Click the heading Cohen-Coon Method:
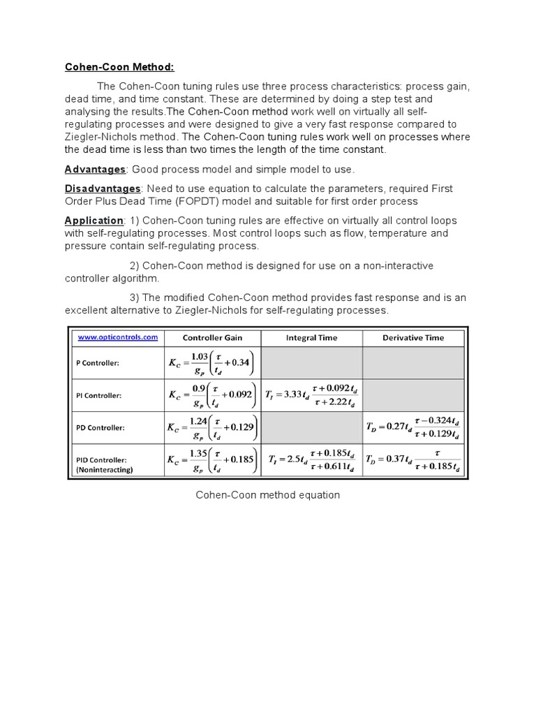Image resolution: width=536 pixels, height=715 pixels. click(119, 67)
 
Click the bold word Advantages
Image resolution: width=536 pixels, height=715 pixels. click(95, 170)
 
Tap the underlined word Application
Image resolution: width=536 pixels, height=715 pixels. click(94, 221)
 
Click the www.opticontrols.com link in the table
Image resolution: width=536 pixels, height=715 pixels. click(117, 337)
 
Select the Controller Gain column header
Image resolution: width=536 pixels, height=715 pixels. click(212, 337)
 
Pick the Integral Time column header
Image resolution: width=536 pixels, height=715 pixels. click(311, 337)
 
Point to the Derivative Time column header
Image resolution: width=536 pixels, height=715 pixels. click(413, 337)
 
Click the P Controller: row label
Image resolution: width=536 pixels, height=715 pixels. click(98, 363)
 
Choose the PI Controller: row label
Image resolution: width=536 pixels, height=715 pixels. click(99, 395)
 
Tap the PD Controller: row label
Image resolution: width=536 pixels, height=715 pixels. click(100, 427)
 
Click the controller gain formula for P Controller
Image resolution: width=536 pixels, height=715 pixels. click(212, 363)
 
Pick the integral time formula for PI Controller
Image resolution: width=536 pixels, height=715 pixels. click(311, 395)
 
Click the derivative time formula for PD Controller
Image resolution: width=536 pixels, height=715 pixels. click(413, 427)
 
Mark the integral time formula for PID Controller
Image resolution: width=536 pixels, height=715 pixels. click(311, 461)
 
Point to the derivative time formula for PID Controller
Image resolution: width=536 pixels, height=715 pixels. click(413, 461)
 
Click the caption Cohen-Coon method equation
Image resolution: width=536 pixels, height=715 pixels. click(267, 495)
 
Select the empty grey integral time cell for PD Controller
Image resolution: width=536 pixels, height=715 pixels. click(311, 427)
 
